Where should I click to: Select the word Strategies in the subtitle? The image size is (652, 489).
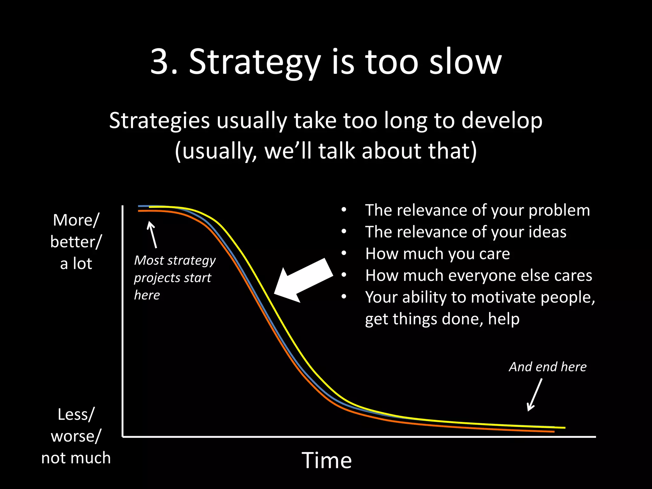159,121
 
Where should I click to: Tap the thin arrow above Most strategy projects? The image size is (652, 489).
152,235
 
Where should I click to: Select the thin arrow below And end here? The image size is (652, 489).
535,395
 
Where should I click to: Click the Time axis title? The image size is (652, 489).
327,460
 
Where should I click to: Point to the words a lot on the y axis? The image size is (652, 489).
76,264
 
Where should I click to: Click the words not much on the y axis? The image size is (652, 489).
76,458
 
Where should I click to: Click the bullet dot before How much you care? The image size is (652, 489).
344,254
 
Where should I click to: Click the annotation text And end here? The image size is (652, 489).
548,367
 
